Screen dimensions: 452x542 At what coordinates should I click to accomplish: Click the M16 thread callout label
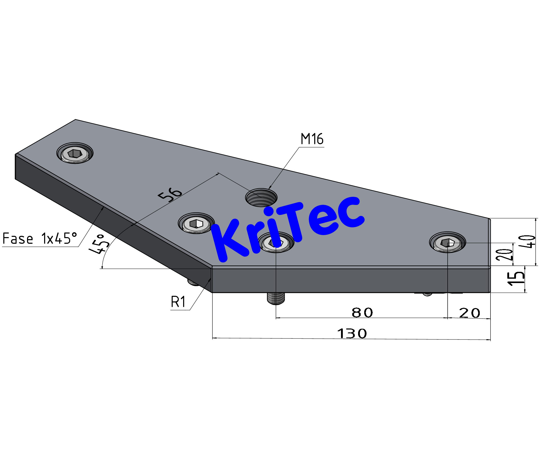[312, 139]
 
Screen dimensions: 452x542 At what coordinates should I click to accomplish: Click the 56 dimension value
[170, 194]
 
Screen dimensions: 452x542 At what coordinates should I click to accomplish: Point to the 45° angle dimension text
[99, 244]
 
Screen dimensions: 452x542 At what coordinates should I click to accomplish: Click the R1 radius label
[178, 302]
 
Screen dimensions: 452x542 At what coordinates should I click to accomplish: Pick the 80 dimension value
[362, 313]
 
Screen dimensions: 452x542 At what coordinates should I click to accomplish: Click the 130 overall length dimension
[352, 334]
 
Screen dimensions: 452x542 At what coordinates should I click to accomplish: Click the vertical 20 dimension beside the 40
[504, 254]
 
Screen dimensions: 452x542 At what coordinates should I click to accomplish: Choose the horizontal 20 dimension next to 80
[469, 313]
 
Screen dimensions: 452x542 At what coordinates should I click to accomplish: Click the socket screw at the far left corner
[75, 154]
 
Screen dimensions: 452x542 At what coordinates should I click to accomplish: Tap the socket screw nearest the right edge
[447, 243]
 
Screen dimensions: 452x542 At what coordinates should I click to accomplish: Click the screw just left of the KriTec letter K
[196, 223]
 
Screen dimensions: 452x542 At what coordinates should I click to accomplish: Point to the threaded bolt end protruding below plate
[276, 299]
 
